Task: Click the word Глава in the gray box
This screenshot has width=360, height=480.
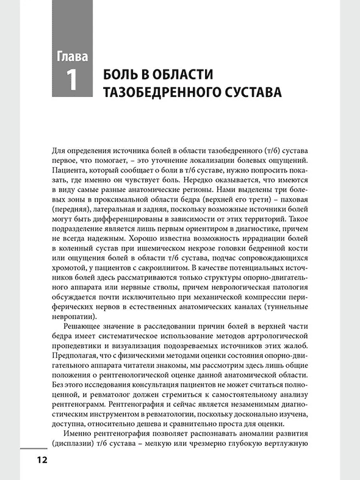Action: [72, 58]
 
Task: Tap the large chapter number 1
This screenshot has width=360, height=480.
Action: [72, 81]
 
